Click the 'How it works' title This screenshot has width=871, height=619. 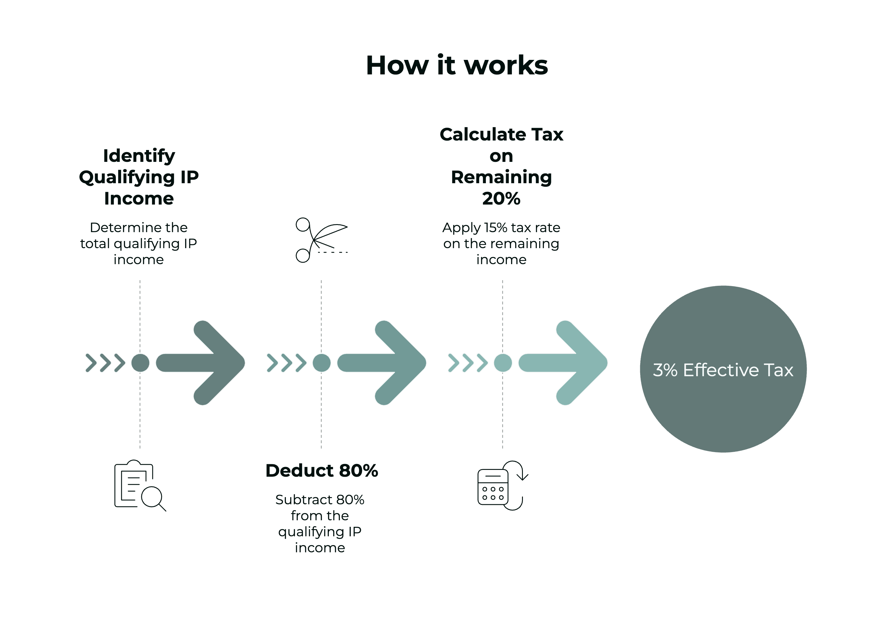[457, 65]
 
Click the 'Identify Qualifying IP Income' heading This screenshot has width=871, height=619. [139, 177]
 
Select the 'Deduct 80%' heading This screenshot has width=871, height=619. [321, 471]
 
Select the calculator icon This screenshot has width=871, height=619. [493, 487]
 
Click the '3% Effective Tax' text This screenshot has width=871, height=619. [723, 370]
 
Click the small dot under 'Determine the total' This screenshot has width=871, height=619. [140, 363]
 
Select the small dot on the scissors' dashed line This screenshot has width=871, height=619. [321, 363]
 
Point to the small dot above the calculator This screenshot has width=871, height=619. [503, 363]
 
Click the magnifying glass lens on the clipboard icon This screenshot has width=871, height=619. [152, 497]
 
